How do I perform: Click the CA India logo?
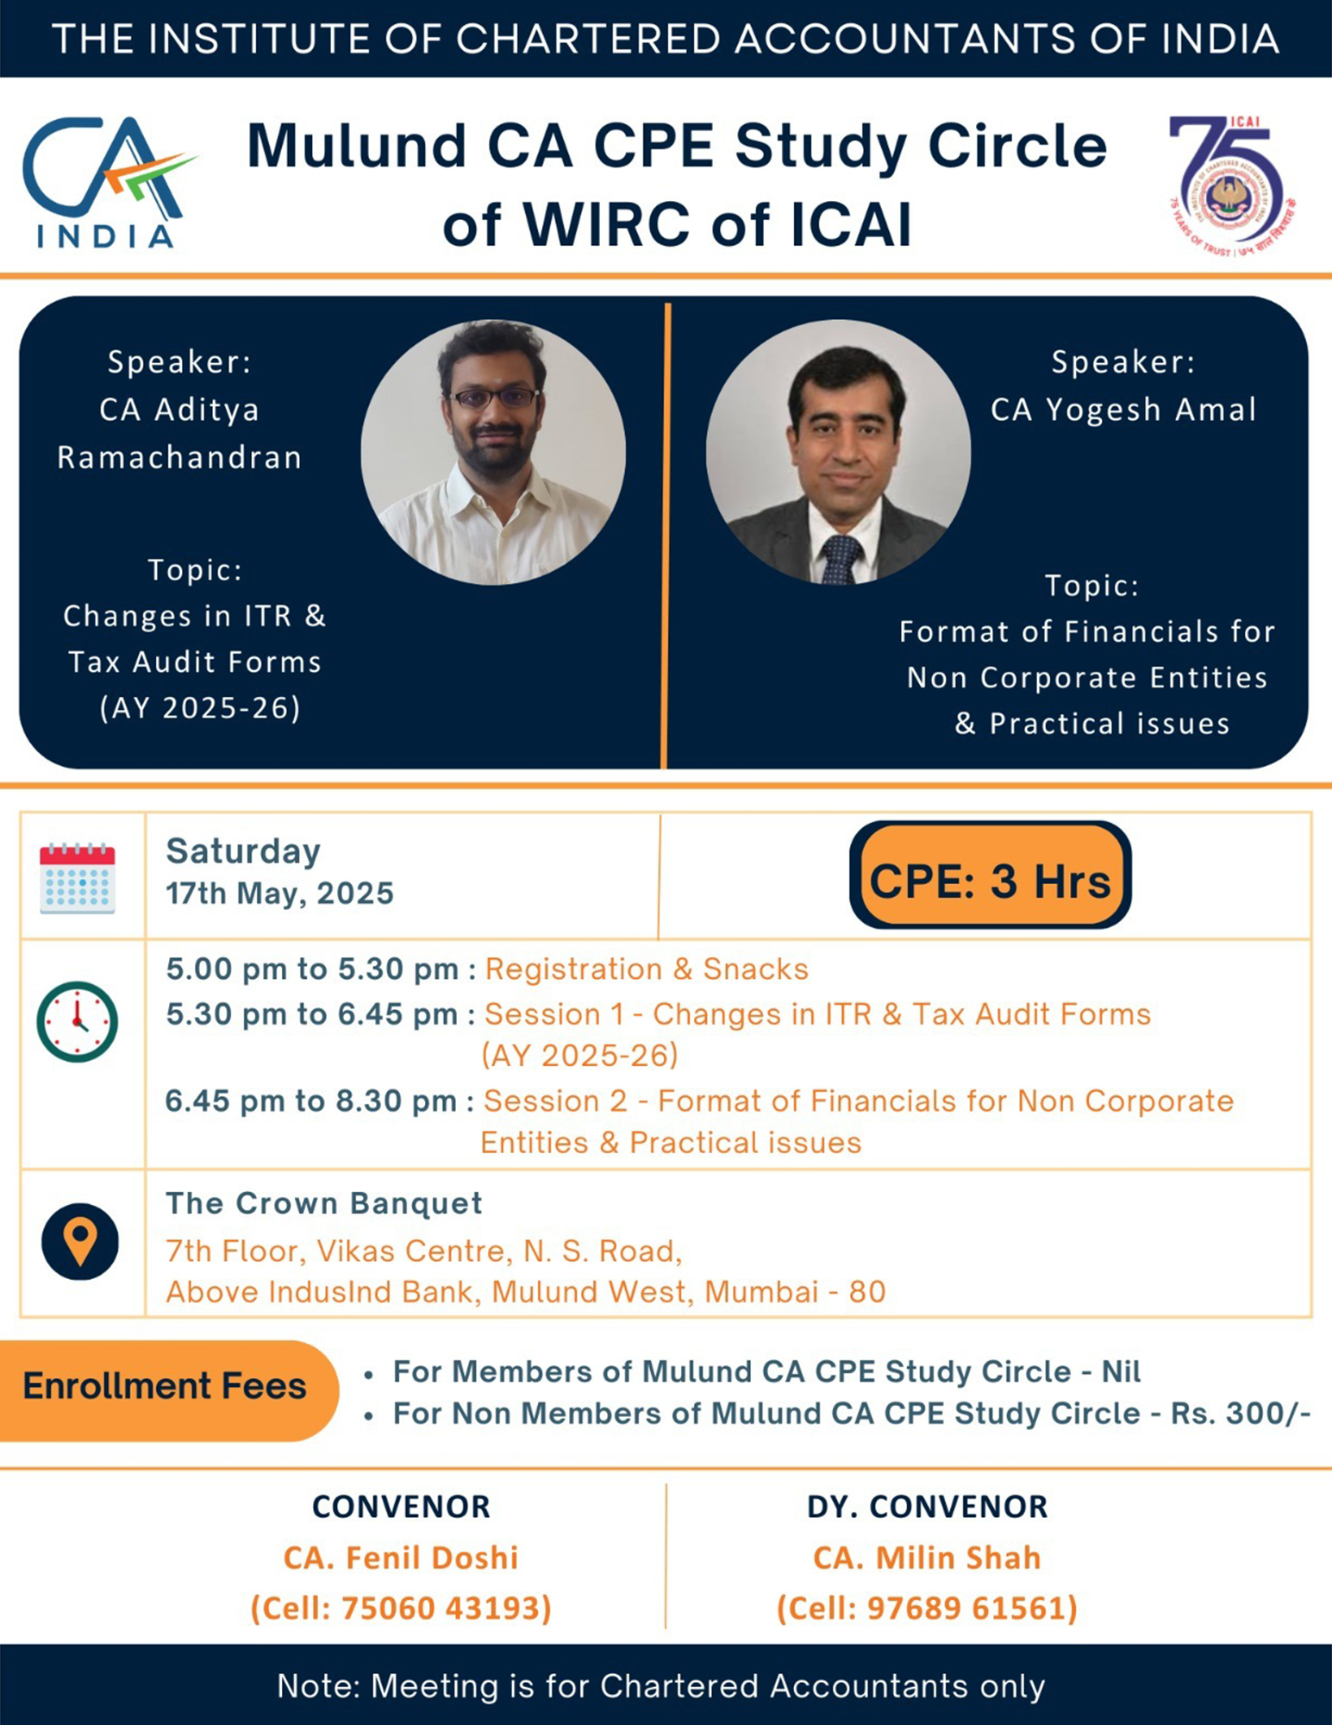pyautogui.click(x=109, y=182)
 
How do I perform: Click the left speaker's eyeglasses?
pyautogui.click(x=495, y=398)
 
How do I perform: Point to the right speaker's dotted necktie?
pyautogui.click(x=839, y=559)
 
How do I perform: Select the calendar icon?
pyautogui.click(x=78, y=877)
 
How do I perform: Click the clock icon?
pyautogui.click(x=78, y=1022)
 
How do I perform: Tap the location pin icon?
pyautogui.click(x=80, y=1241)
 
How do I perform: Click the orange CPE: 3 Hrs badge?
pyautogui.click(x=990, y=875)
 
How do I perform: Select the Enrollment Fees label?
pyautogui.click(x=165, y=1386)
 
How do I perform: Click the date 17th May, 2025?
pyautogui.click(x=280, y=893)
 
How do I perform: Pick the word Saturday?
pyautogui.click(x=243, y=851)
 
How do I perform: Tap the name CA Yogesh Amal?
pyautogui.click(x=1123, y=410)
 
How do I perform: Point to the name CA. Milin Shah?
pyautogui.click(x=928, y=1558)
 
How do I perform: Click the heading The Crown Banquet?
pyautogui.click(x=324, y=1203)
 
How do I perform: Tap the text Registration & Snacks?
pyautogui.click(x=647, y=969)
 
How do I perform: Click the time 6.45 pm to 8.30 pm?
pyautogui.click(x=311, y=1101)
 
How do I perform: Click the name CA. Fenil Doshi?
pyautogui.click(x=401, y=1558)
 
